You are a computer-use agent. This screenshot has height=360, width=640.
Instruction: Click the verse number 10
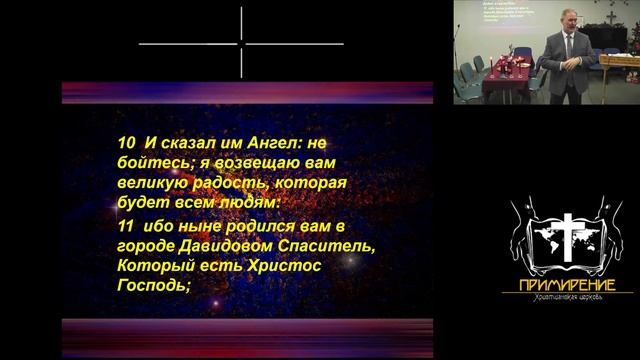pyautogui.click(x=124, y=144)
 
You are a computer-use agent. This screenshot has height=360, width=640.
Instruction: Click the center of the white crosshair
pyautogui.click(x=241, y=44)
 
